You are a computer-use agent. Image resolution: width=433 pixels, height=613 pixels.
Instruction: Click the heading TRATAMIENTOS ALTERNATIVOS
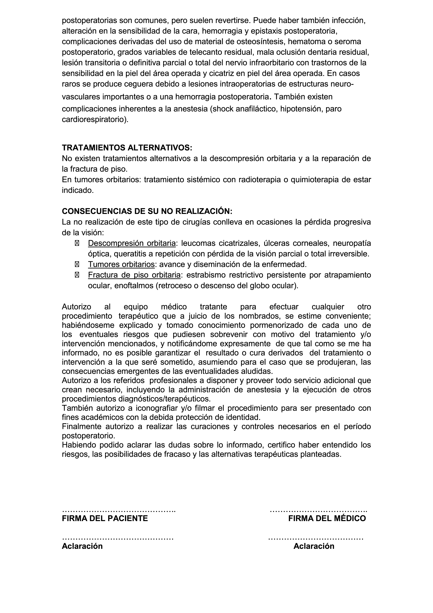click(x=127, y=148)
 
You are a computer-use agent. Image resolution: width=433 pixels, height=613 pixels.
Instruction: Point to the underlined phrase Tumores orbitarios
click(x=121, y=264)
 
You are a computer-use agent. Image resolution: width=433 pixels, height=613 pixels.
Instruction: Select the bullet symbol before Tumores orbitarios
click(x=77, y=264)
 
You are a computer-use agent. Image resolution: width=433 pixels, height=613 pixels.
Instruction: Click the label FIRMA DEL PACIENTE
click(x=105, y=518)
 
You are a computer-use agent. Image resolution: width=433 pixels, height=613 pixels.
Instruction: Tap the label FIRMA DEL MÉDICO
click(x=327, y=518)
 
